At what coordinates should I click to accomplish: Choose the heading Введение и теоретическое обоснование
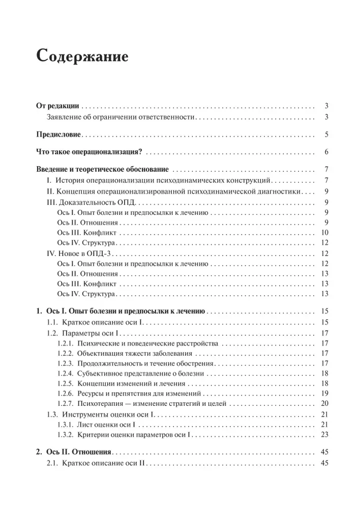pyautogui.click(x=104, y=170)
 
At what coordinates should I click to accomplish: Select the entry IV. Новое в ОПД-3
pyautogui.click(x=81, y=253)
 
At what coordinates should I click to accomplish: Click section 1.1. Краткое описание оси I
pyautogui.click(x=97, y=323)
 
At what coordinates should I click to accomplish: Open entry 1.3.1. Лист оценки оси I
pyautogui.click(x=99, y=424)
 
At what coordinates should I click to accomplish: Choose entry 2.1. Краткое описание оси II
pyautogui.click(x=97, y=463)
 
